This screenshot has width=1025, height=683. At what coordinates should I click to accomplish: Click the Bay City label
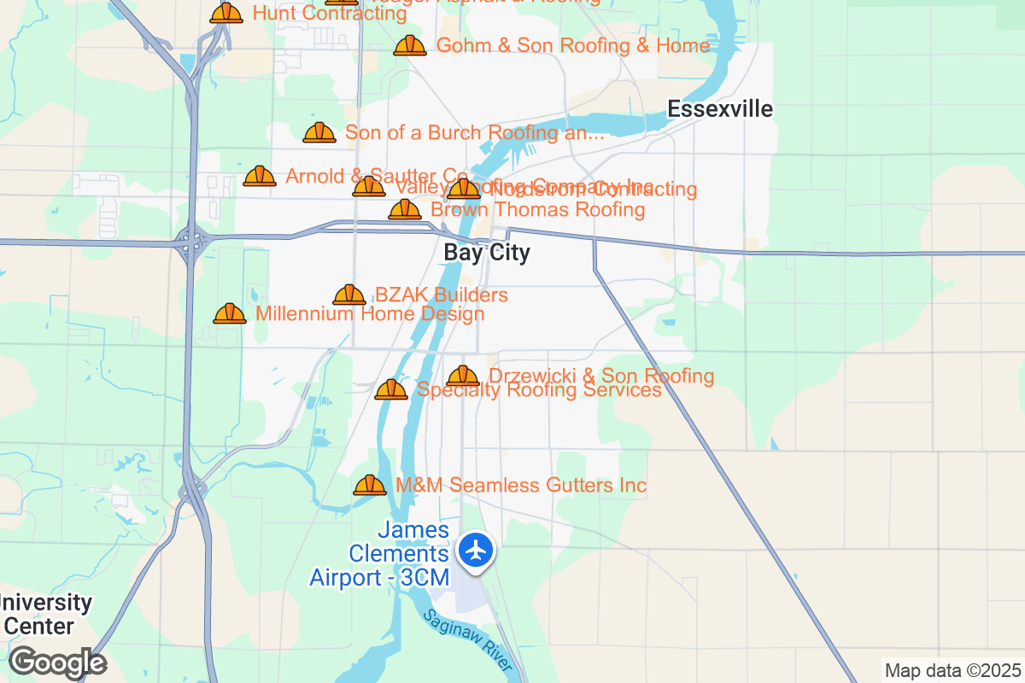coord(487,253)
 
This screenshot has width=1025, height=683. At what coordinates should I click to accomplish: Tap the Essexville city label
coord(720,109)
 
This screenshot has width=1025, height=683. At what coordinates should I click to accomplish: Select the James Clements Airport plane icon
coord(476,550)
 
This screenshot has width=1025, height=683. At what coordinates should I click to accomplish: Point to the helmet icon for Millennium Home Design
coord(230,313)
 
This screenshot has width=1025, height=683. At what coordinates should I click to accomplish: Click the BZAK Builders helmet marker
coord(349,295)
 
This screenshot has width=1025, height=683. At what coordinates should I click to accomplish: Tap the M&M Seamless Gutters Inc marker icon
coord(370,485)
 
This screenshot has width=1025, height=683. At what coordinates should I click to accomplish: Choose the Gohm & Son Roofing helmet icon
coord(410,45)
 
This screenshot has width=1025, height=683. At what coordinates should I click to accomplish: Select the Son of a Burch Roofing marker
coord(319,132)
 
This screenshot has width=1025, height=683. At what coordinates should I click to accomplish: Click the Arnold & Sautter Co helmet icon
coord(260,176)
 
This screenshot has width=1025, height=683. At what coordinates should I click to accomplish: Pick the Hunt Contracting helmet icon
coord(226,13)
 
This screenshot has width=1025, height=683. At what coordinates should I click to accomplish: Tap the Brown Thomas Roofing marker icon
coord(405,209)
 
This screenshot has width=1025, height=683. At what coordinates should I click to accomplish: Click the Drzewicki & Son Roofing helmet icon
coord(463,376)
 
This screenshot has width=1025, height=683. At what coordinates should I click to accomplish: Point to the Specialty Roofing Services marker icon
coord(391,389)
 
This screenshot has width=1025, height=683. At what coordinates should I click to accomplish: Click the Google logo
coord(57,663)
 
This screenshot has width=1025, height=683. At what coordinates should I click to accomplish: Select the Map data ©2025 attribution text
coord(952,670)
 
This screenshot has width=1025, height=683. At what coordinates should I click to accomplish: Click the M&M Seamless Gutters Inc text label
coord(521,485)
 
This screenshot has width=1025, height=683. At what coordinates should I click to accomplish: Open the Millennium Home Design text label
coord(370,313)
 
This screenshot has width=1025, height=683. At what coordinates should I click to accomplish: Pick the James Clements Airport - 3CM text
coord(381,554)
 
